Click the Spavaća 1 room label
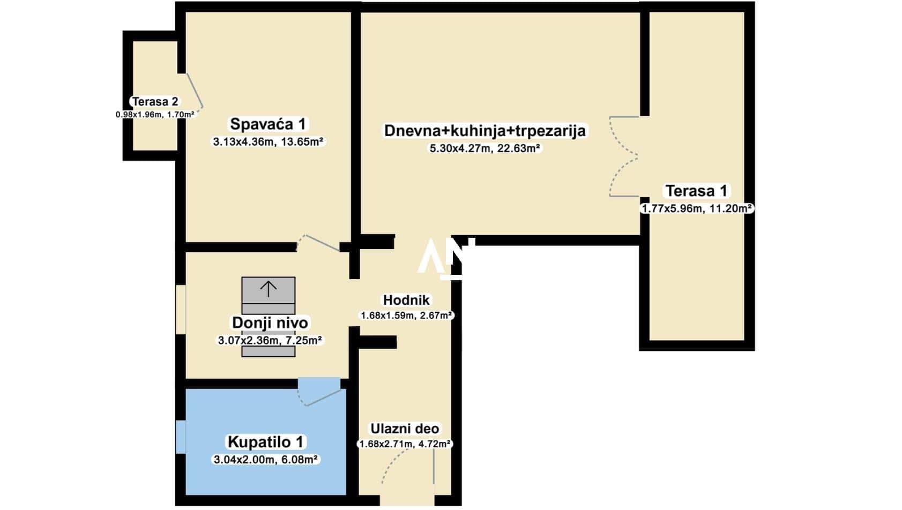[268, 124]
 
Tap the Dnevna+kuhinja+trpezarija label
[485, 131]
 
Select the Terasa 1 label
[696, 191]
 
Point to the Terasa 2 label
[155, 101]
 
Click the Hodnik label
[406, 300]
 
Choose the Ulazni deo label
[405, 429]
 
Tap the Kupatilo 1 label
[265, 442]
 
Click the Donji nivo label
[270, 323]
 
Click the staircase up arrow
[269, 289]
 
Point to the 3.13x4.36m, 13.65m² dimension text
[268, 141]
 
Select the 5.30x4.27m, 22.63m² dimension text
[485, 148]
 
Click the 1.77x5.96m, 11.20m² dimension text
[697, 208]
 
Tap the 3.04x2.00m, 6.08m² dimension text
[266, 460]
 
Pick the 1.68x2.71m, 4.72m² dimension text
[405, 445]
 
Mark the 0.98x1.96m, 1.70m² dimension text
[155, 115]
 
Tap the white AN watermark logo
[446, 258]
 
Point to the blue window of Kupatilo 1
[181, 437]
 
